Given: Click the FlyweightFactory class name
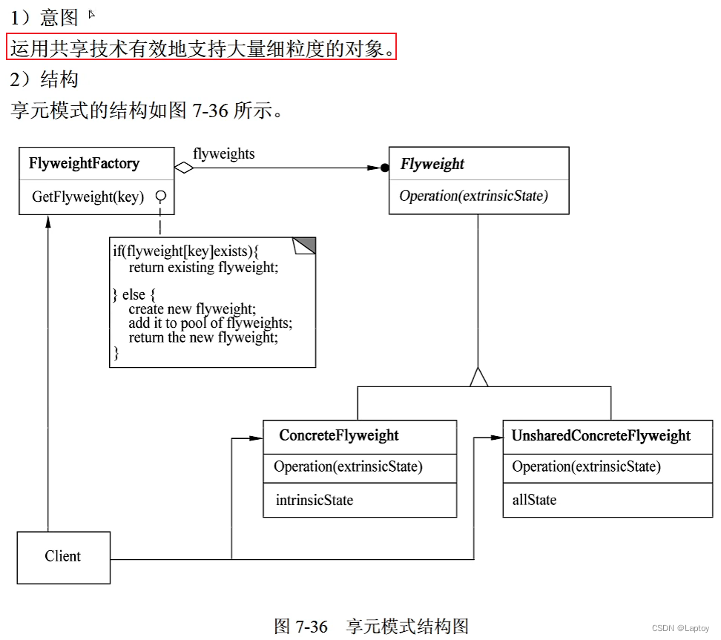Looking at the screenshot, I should tap(84, 163).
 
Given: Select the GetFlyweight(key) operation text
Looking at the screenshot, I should tap(88, 197).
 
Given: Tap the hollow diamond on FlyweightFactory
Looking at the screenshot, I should tap(183, 168).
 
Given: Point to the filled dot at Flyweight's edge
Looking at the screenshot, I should tap(384, 168).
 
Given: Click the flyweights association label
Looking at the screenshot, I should tap(223, 154).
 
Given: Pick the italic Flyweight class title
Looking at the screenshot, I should tap(432, 164).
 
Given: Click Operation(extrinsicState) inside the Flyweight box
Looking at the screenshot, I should tap(473, 197).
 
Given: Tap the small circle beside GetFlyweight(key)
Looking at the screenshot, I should tap(159, 197).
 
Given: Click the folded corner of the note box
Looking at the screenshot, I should tap(305, 245).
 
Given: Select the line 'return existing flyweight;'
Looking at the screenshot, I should tap(203, 267).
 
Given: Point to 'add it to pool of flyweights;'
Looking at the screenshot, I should tap(211, 323).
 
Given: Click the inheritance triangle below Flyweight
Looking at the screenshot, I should tap(478, 377).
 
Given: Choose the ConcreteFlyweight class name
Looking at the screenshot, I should tap(339, 436).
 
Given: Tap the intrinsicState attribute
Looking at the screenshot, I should tap(315, 501).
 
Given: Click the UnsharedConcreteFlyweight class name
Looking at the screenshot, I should tap(601, 436).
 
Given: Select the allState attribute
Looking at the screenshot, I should tap(534, 501).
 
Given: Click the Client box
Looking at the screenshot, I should tap(63, 557).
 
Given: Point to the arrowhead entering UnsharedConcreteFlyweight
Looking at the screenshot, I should tap(496, 438).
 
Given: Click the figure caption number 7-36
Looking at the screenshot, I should tap(312, 627).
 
